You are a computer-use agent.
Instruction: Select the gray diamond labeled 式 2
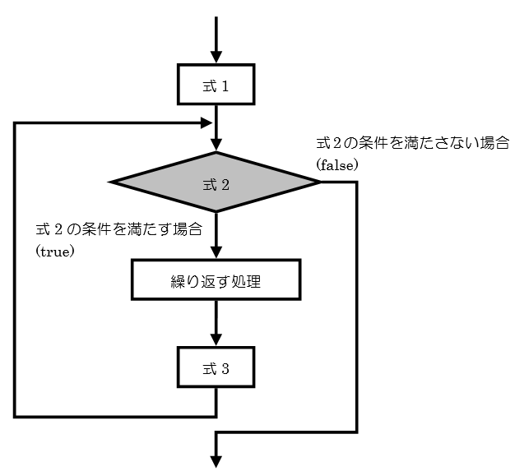pyautogui.click(x=216, y=182)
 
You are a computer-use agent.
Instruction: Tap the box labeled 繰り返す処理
pyautogui.click(x=216, y=281)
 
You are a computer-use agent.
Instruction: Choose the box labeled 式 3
pyautogui.click(x=216, y=367)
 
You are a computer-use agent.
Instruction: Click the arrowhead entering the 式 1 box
pyautogui.click(x=216, y=58)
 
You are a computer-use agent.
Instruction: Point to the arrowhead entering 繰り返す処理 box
pyautogui.click(x=216, y=254)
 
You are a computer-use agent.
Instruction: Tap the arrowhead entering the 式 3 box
pyautogui.click(x=216, y=339)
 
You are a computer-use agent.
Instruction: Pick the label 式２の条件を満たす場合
pyautogui.click(x=118, y=229)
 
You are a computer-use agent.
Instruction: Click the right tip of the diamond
pyautogui.click(x=319, y=182)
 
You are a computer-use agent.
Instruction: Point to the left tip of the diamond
pyautogui.click(x=112, y=182)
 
